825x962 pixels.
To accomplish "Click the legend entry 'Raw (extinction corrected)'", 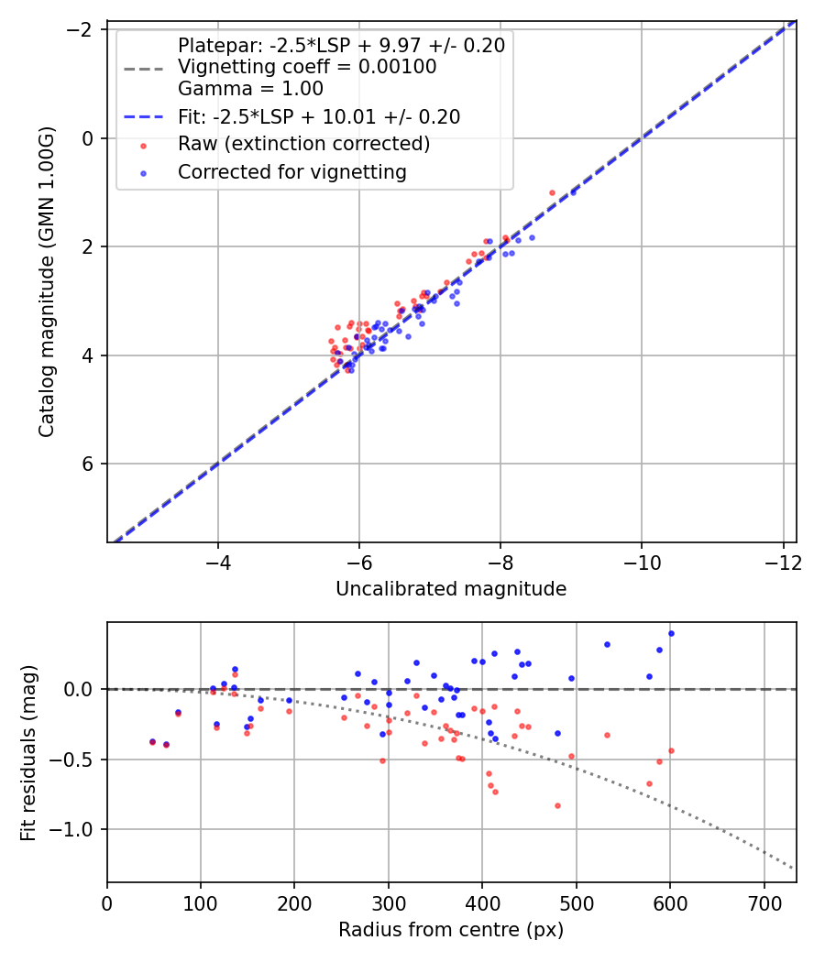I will point(303,144).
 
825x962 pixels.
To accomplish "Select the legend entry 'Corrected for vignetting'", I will point(291,171).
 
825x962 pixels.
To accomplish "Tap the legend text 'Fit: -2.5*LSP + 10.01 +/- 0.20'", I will point(318,117).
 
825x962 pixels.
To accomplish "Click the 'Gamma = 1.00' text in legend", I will point(250,89).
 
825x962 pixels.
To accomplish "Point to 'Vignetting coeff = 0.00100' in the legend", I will point(307,67).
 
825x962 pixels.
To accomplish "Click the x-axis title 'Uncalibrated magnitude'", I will point(451,589).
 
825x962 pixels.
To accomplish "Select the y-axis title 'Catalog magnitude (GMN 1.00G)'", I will point(47,282).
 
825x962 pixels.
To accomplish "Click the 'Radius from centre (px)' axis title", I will point(451,930).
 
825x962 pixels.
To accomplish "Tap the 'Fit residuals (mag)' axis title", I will point(28,752).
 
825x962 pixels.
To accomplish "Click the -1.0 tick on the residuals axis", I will point(78,829).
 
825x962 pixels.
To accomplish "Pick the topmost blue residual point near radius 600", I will point(671,633).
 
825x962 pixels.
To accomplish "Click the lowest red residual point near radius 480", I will point(557,805).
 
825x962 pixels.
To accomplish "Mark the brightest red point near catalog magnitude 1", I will point(552,192).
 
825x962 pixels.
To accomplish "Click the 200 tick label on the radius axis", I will point(294,902).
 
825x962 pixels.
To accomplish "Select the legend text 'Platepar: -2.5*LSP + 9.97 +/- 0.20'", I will point(341,45).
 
